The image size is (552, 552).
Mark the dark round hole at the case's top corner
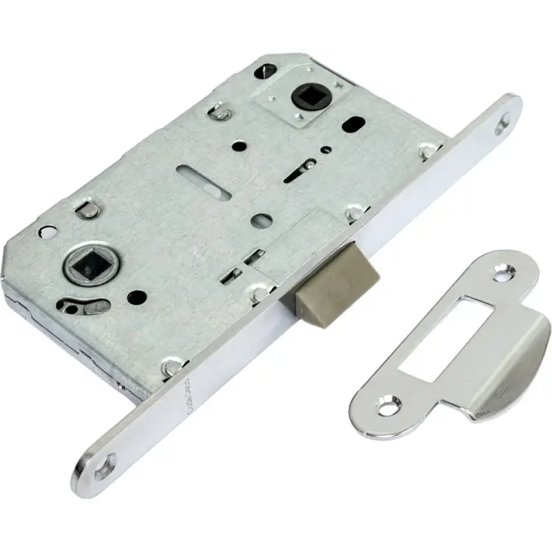[x=266, y=71]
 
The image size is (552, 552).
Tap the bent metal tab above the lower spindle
[x=88, y=210]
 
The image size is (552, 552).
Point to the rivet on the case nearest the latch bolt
[x=259, y=294]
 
